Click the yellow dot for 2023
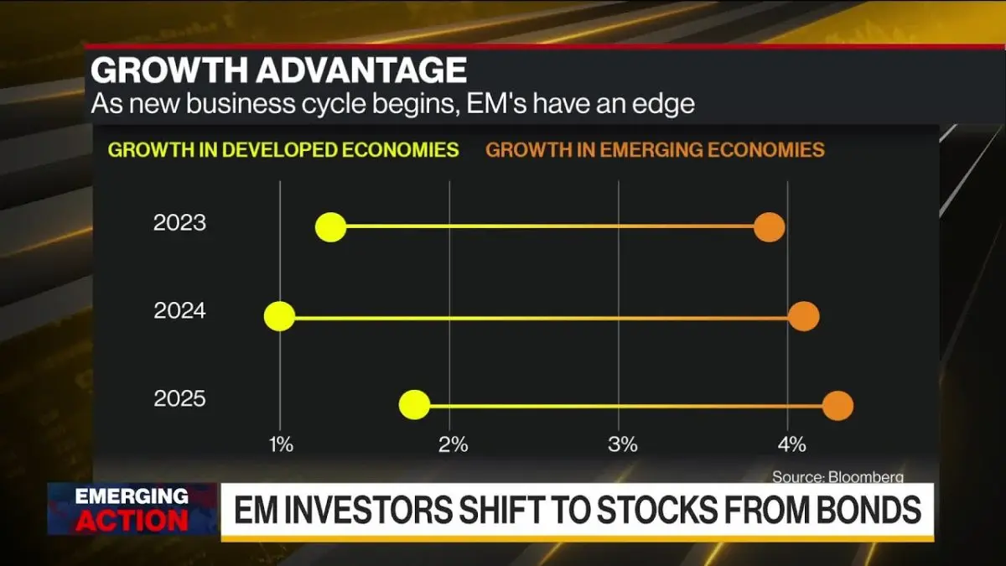(x=331, y=227)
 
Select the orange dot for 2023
(x=770, y=227)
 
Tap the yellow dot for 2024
(x=279, y=316)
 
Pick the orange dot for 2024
(x=803, y=316)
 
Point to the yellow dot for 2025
(x=414, y=405)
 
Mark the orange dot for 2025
(x=837, y=406)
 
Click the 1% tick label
(x=281, y=444)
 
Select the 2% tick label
(x=454, y=444)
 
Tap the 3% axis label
(x=622, y=444)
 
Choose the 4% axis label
(x=791, y=444)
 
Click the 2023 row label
(x=179, y=223)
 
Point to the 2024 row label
(x=179, y=311)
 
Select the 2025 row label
(x=179, y=399)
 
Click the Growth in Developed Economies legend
(x=283, y=150)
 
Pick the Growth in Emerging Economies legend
(x=656, y=150)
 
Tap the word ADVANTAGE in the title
(x=361, y=70)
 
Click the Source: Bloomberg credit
(x=838, y=476)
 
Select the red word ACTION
(x=132, y=521)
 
